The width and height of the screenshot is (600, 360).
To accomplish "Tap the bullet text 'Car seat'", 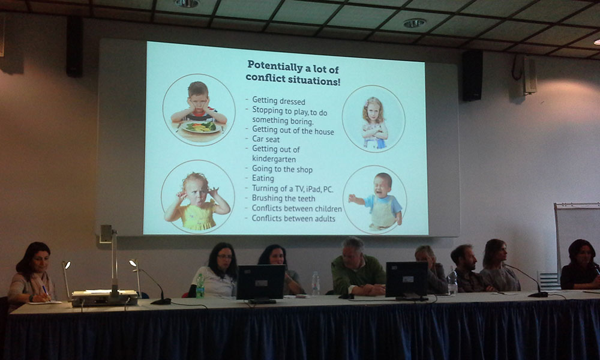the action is (266, 139).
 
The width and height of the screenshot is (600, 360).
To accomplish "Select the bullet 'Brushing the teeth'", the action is (284, 198).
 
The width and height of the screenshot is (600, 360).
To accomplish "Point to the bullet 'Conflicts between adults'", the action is (293, 218).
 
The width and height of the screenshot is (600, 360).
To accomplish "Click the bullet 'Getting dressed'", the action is (278, 101).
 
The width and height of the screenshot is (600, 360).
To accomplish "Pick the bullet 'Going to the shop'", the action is (282, 169).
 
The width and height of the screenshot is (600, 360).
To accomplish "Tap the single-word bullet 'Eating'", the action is (263, 178).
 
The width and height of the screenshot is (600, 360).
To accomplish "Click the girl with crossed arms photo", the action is (374, 122).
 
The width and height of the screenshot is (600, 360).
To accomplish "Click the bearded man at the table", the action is (467, 269).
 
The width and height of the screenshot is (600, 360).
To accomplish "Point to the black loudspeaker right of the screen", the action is (472, 76).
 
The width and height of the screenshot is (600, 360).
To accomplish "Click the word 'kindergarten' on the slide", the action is (274, 159).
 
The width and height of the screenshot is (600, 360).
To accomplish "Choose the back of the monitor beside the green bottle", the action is (260, 283).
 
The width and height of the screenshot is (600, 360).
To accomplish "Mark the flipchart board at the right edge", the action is (577, 237).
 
